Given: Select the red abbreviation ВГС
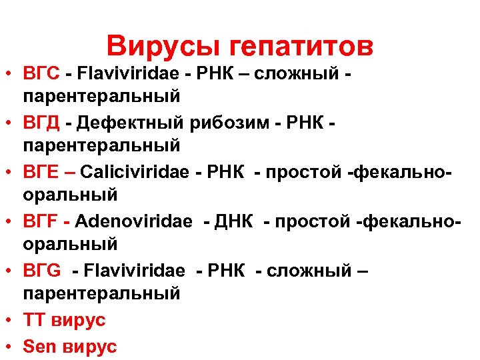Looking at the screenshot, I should tap(42, 72).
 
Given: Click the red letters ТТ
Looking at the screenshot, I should tap(35, 321).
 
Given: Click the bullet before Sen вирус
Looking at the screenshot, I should tap(9, 347).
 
